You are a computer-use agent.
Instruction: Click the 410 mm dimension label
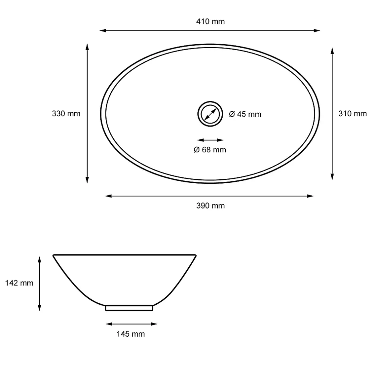(211, 22)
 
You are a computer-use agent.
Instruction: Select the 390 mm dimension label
(211, 206)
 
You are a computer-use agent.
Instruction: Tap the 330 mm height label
(66, 114)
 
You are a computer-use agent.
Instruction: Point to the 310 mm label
(353, 114)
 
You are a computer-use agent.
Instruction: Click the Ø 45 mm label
(245, 114)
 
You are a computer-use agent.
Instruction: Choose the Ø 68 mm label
(210, 150)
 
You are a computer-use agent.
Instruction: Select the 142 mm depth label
(19, 283)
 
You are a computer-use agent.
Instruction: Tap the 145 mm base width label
(131, 334)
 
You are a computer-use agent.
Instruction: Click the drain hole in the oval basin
(210, 114)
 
